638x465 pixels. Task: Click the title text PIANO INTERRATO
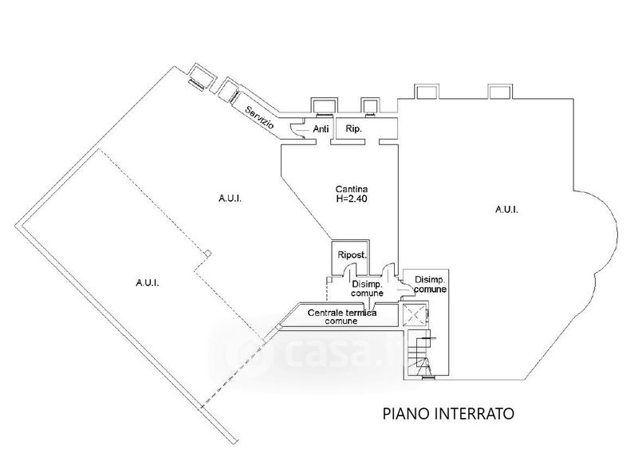pyautogui.click(x=447, y=414)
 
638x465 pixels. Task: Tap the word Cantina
pyautogui.click(x=349, y=189)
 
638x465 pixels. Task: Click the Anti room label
pyautogui.click(x=321, y=128)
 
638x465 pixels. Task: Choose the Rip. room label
pyautogui.click(x=352, y=128)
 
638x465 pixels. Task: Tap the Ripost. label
pyautogui.click(x=351, y=255)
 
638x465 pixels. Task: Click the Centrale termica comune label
pyautogui.click(x=344, y=316)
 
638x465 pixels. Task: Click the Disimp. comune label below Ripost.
pyautogui.click(x=367, y=289)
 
